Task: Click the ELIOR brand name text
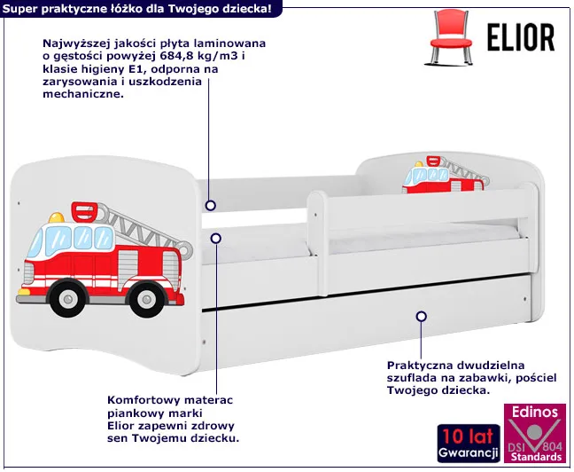coord(522,36)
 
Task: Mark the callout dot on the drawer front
coord(422,316)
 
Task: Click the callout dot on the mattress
coord(215,237)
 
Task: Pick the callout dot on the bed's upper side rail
coord(211,206)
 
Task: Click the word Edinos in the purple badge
coord(532,412)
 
